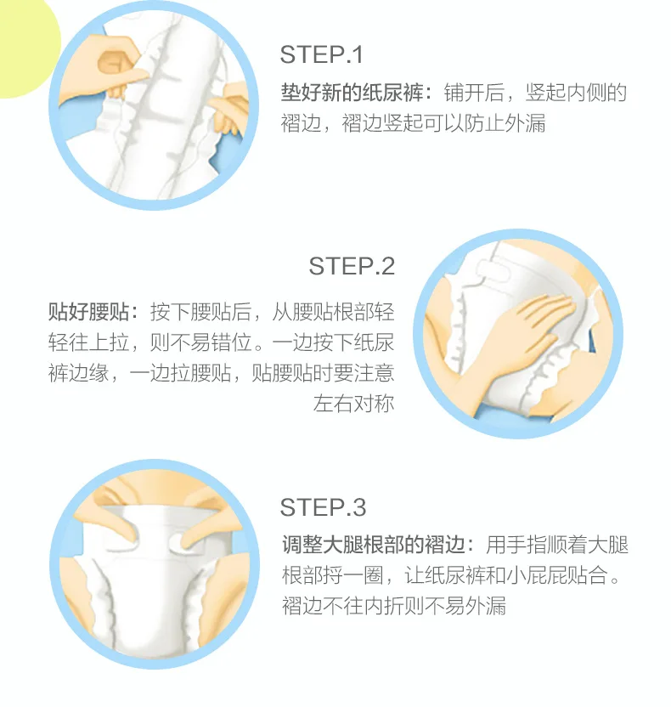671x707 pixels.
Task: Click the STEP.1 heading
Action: [x=321, y=55]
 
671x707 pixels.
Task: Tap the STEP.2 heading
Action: [x=352, y=266]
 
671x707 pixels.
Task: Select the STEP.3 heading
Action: [x=323, y=507]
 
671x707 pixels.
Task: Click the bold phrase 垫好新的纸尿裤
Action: [x=352, y=93]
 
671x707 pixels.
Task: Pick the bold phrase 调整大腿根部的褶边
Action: [x=374, y=545]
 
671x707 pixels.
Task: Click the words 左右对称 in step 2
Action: [x=353, y=403]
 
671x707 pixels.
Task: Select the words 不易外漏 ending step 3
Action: [x=465, y=605]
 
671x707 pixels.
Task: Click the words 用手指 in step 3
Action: [x=516, y=545]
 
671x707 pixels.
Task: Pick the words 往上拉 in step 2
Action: [x=99, y=342]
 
